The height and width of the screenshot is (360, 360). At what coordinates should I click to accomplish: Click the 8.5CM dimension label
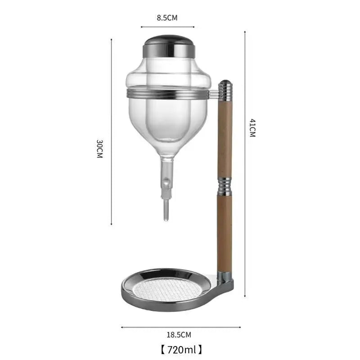pyautogui.click(x=167, y=18)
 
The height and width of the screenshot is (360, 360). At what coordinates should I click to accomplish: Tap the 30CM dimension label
pyautogui.click(x=99, y=148)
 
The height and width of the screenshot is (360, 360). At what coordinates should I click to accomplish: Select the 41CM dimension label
pyautogui.click(x=252, y=128)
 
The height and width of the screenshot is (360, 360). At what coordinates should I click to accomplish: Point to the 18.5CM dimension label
pyautogui.click(x=179, y=335)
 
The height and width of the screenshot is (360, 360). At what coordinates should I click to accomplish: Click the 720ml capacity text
pyautogui.click(x=181, y=350)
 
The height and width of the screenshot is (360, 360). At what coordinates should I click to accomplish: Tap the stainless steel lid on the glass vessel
pyautogui.click(x=169, y=46)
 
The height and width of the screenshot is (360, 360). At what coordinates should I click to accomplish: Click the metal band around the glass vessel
pyautogui.click(x=168, y=94)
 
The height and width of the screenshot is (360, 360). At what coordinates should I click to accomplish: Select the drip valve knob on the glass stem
pyautogui.click(x=166, y=183)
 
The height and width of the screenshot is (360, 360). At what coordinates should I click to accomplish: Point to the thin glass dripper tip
pyautogui.click(x=166, y=210)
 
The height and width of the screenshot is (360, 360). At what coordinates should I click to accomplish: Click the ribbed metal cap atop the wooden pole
pyautogui.click(x=225, y=90)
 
